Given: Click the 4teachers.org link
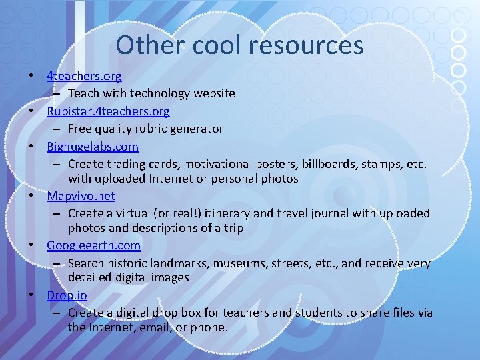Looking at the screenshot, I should (84, 77).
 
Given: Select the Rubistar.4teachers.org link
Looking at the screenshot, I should (108, 111).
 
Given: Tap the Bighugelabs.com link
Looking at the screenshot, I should (93, 146).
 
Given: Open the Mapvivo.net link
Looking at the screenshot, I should (81, 196).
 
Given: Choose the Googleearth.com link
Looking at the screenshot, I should (94, 245).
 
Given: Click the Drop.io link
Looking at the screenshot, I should (67, 295).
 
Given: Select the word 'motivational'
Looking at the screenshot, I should (217, 163).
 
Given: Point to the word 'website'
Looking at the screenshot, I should (213, 94).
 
